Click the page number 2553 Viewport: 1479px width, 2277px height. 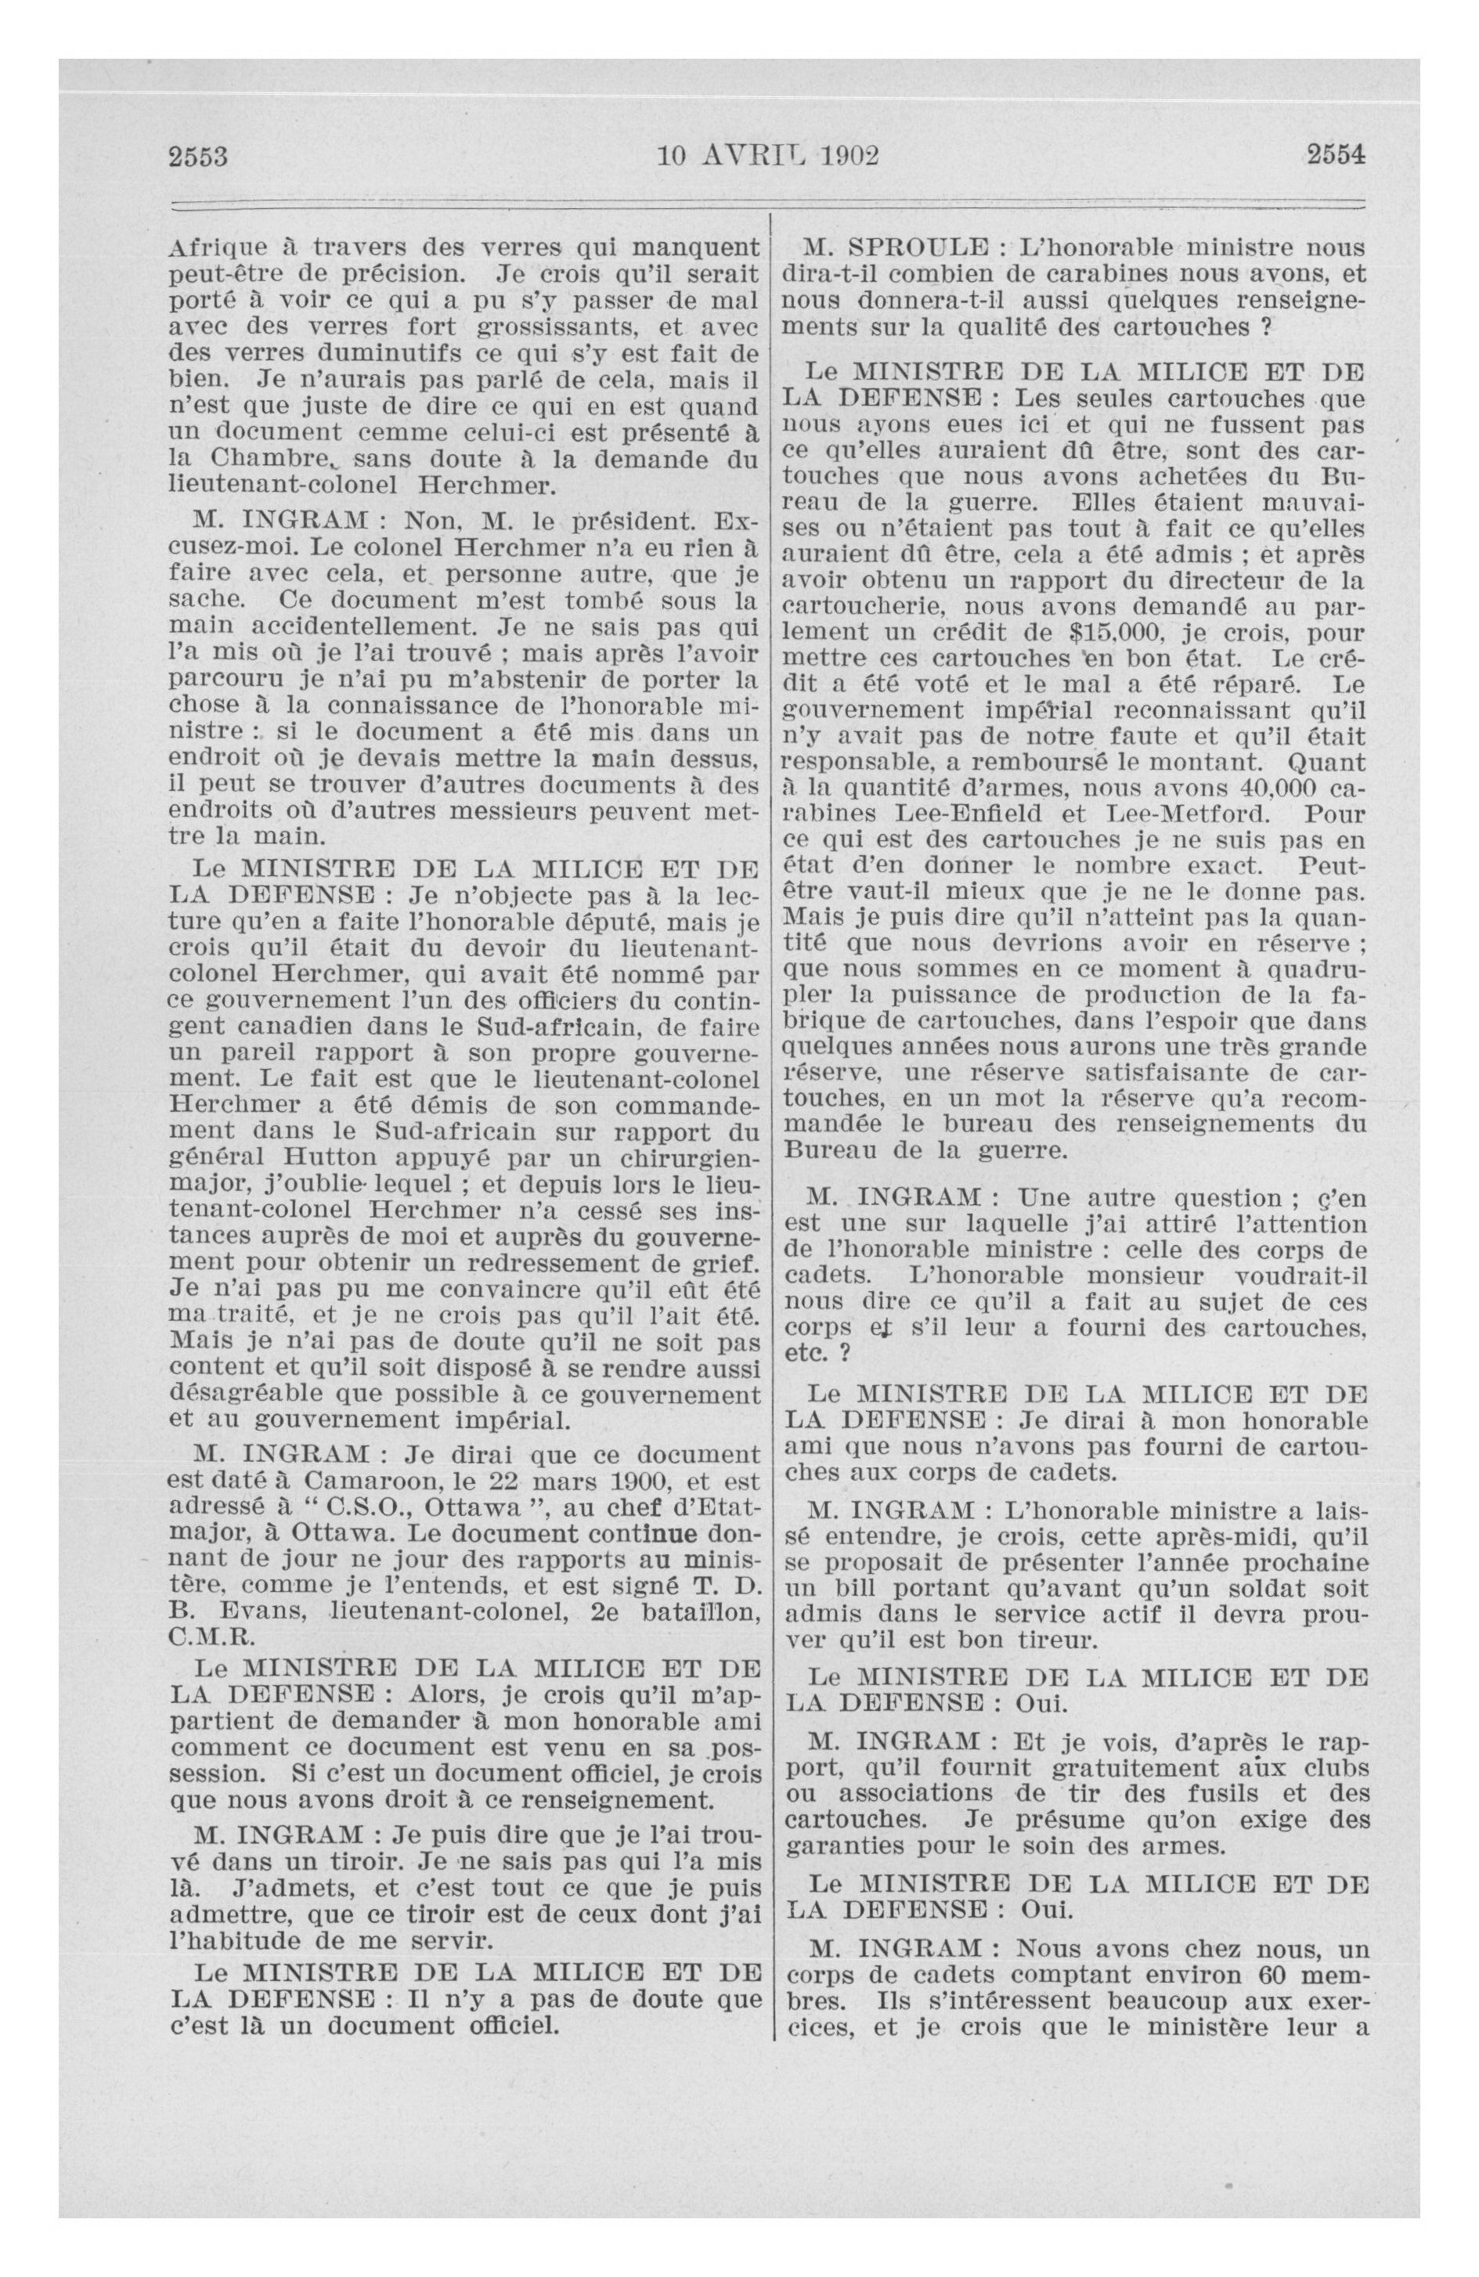198,155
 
